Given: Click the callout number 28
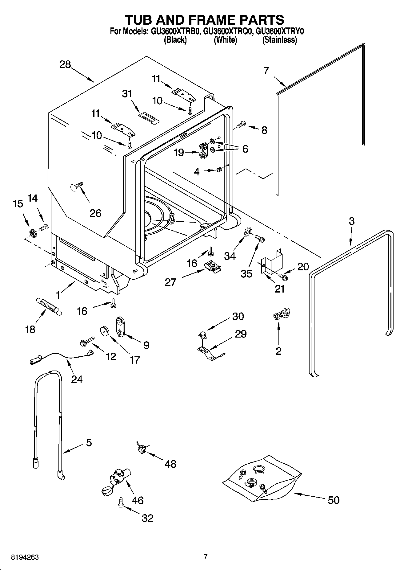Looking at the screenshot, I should tap(65, 65).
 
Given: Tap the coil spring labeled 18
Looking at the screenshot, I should tap(49, 306).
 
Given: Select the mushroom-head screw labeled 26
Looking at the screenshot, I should tap(76, 187).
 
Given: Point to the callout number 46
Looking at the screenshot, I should tap(137, 500).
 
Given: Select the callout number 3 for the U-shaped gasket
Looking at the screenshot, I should tap(351, 221).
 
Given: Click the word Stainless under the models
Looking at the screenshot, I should tap(279, 40).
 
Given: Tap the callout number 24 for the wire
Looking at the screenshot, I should tap(77, 379).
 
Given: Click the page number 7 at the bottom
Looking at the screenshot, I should tap(206, 557).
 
